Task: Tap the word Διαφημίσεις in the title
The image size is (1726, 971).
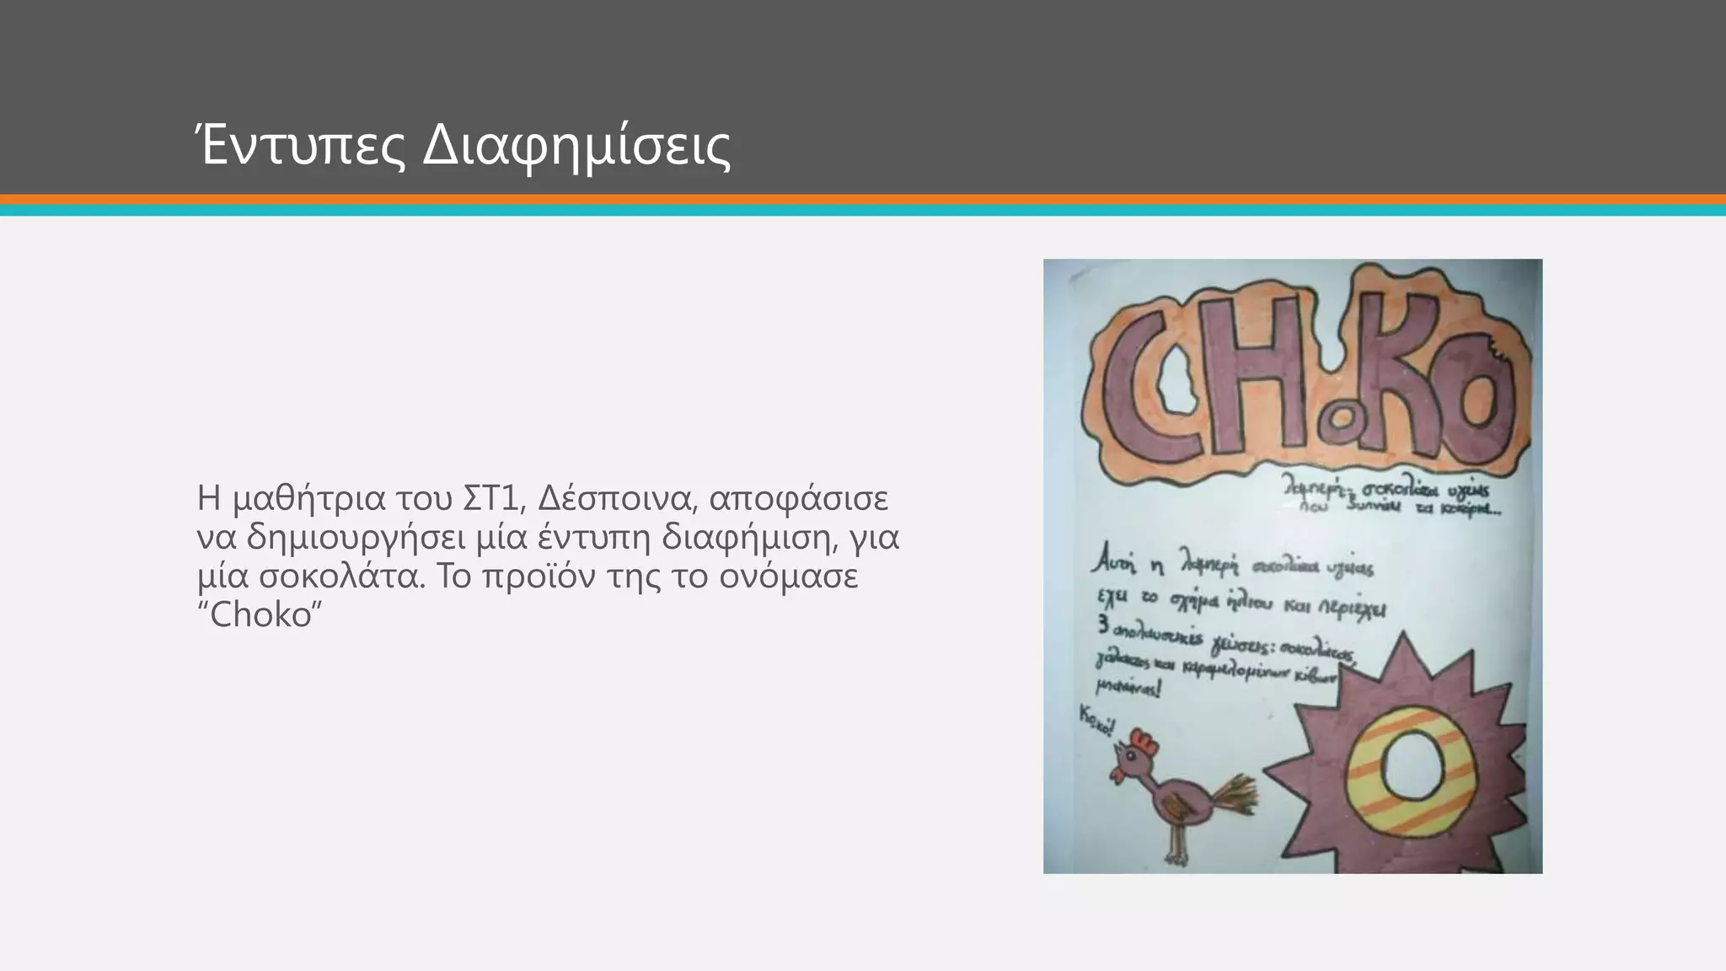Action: pos(576,148)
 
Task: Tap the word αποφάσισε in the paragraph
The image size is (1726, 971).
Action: pos(798,498)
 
